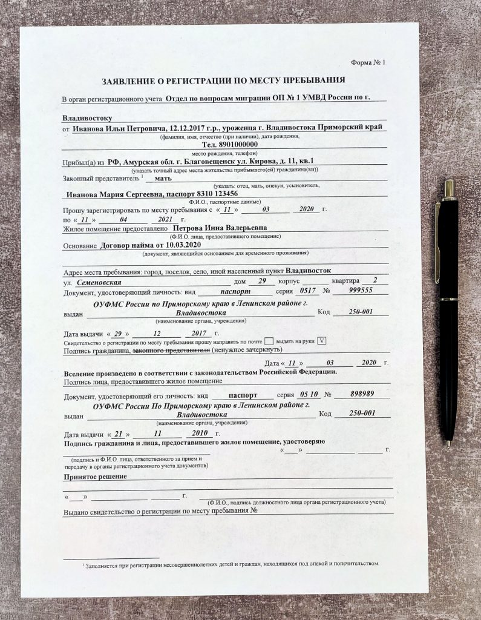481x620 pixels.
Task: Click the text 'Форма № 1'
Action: point(367,63)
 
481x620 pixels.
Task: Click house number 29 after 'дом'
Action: point(261,282)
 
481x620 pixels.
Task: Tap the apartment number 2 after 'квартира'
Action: point(376,280)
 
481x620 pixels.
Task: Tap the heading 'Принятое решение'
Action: point(95,477)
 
